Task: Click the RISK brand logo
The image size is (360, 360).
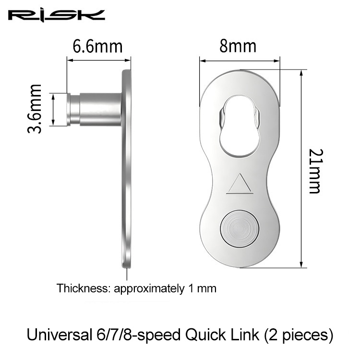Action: (x=57, y=15)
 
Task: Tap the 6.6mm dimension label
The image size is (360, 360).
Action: (x=97, y=47)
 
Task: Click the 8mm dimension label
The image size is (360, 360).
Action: (x=238, y=47)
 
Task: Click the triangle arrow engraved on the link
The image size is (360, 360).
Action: (x=238, y=185)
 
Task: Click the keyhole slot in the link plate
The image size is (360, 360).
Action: (x=239, y=128)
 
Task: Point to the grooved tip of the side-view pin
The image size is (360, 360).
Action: (x=72, y=109)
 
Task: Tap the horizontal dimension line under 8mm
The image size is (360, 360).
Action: (x=239, y=61)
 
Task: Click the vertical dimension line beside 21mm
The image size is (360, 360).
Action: (x=301, y=168)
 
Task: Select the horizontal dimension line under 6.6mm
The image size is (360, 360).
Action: (x=98, y=60)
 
